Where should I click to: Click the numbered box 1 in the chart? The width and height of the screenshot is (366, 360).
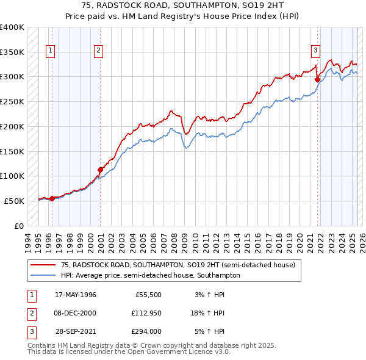50,51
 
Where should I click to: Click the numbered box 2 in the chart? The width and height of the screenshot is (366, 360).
98,51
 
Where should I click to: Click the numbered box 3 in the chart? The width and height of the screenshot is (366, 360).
316,51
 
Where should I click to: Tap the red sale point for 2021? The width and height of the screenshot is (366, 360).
318,79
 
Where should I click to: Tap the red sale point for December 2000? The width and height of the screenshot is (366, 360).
101,170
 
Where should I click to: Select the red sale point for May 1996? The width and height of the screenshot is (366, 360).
52,198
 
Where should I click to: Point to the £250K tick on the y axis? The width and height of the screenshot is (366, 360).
12,101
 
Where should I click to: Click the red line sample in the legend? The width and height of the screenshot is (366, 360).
43,265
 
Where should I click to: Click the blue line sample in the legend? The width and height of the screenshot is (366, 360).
43,275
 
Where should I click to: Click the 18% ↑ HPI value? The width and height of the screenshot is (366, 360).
207,314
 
